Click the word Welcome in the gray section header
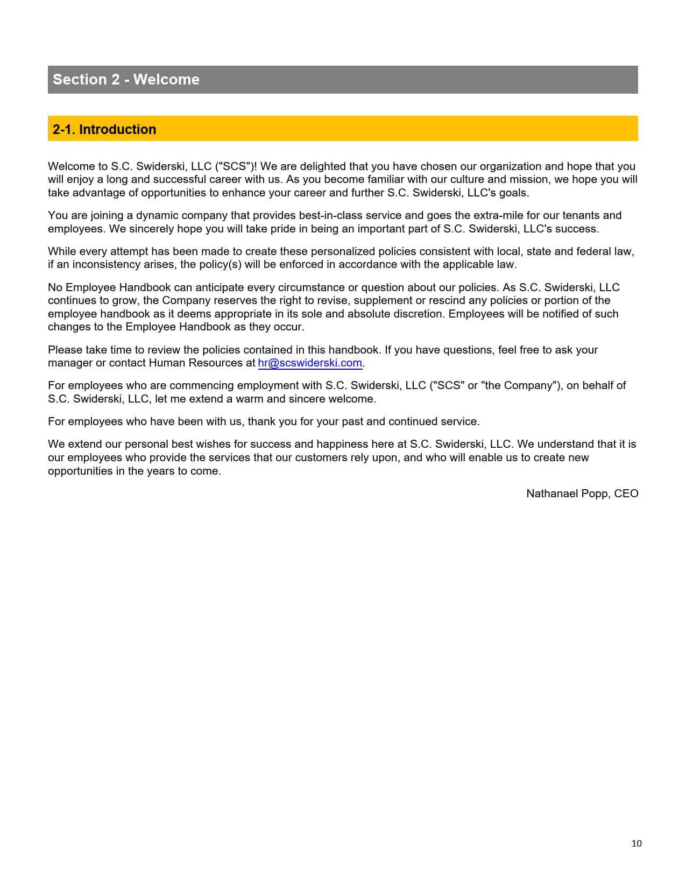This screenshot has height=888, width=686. pyautogui.click(x=166, y=80)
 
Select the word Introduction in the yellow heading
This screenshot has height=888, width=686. pyautogui.click(x=117, y=130)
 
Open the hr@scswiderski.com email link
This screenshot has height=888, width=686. pyautogui.click(x=310, y=363)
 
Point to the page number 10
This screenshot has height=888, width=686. pyautogui.click(x=637, y=843)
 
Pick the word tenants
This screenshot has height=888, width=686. pyautogui.click(x=581, y=215)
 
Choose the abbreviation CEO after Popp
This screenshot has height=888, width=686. pyautogui.click(x=626, y=494)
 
